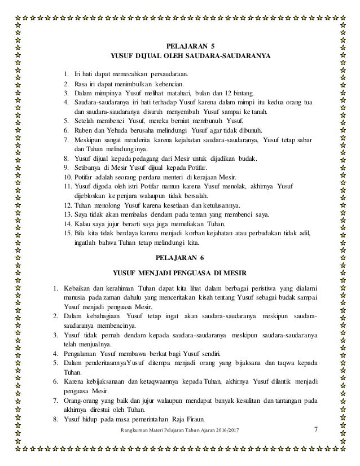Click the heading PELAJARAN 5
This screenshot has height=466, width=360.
(192, 46)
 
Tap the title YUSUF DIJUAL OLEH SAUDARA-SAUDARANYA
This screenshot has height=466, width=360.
(192, 57)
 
